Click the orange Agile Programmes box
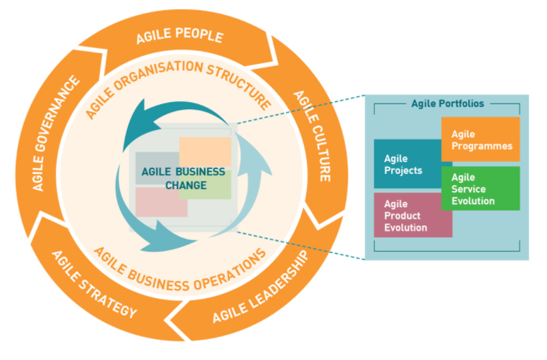point(480,139)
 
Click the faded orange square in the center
point(205,152)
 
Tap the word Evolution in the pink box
point(406,228)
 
